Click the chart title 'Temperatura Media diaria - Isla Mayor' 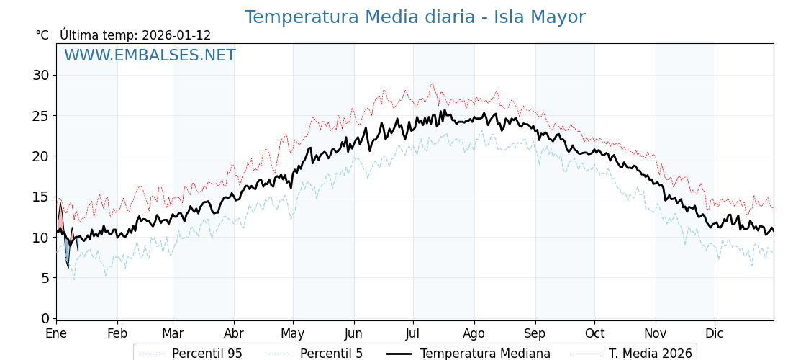[x=415, y=17]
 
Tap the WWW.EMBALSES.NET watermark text [x=150, y=55]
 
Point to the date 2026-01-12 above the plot [x=176, y=35]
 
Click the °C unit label [x=42, y=35]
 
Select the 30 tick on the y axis [x=41, y=75]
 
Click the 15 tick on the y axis [x=41, y=197]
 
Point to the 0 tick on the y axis [x=45, y=318]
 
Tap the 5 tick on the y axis [x=45, y=278]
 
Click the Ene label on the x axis [x=56, y=334]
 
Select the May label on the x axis [x=293, y=334]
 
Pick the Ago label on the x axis [x=474, y=334]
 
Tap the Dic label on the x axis [x=715, y=334]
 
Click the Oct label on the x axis [x=594, y=334]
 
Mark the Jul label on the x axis [x=413, y=334]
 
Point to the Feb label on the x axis [x=117, y=334]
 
